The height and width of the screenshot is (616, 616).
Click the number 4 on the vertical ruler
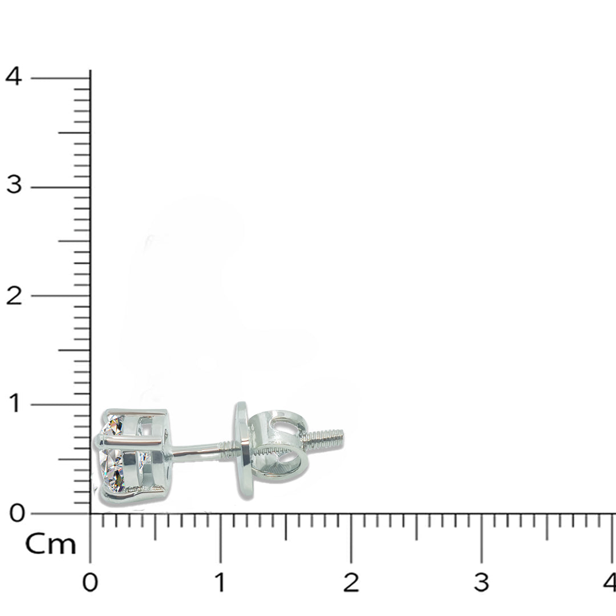[13, 76]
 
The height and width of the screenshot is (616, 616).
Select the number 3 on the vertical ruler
[13, 185]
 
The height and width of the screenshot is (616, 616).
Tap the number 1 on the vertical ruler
[14, 404]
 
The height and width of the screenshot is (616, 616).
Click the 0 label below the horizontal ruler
[90, 582]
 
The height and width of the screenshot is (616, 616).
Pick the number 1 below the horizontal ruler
[220, 582]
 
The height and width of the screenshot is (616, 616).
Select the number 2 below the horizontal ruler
[351, 582]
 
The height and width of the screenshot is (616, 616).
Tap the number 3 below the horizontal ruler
[481, 582]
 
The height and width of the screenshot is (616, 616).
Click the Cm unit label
[50, 545]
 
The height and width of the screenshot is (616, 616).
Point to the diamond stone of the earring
[114, 456]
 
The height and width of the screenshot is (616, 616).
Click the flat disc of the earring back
[243, 451]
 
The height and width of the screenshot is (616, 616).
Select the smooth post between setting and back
[194, 451]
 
